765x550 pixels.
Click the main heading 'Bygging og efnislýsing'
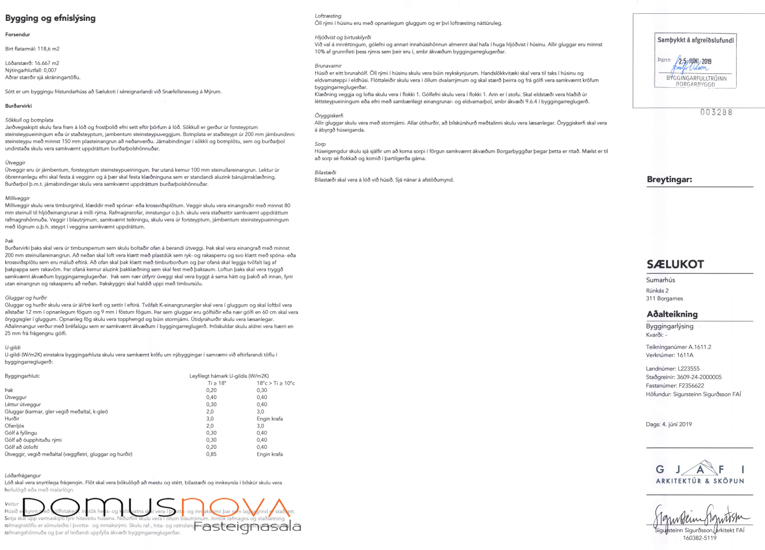coord(50,19)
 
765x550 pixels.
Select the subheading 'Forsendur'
coord(17,35)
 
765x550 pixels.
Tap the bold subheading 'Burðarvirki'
coord(19,106)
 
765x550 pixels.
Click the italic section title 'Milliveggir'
coord(17,198)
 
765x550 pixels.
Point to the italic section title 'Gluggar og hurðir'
coord(26,298)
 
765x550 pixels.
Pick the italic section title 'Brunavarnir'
coord(328,66)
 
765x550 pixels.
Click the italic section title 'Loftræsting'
coord(328,16)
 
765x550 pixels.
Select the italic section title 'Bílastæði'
coord(326,172)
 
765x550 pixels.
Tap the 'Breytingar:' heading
coord(669,180)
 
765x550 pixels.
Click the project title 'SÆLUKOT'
coord(675,265)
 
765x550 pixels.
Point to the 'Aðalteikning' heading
coord(672,315)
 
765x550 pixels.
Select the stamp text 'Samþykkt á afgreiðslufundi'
coord(695,40)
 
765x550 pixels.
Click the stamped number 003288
coord(716,112)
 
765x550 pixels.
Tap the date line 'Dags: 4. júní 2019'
coord(668,425)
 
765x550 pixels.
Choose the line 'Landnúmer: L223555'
coord(672,368)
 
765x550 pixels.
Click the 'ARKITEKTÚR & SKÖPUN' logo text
coord(700,481)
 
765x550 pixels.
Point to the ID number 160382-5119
coord(700,538)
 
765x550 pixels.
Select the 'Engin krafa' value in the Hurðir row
coord(269,419)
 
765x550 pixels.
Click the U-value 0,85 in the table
coord(212,454)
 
